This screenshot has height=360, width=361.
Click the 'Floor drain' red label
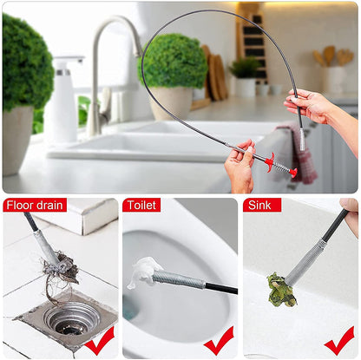pos(36,206)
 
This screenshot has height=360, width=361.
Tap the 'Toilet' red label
pos(141,206)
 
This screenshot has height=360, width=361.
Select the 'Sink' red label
pos(262,206)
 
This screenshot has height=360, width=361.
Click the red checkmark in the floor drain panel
pos(99,339)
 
